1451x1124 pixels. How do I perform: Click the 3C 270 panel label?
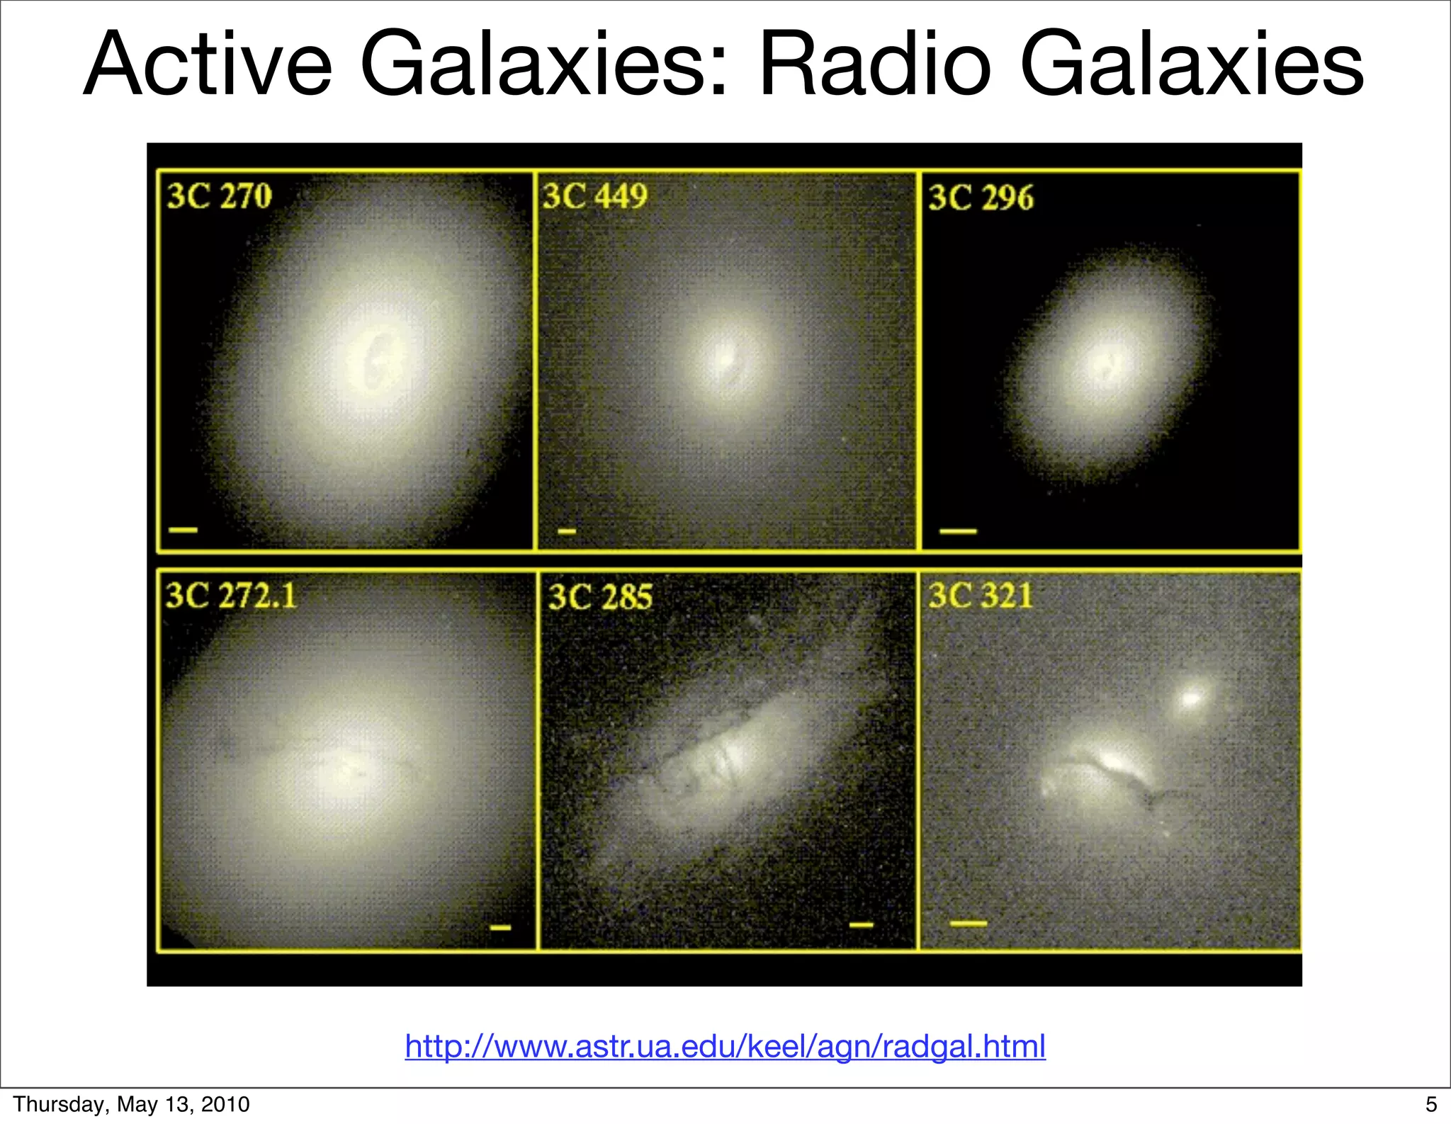click(x=219, y=196)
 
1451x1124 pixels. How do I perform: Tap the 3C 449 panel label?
click(x=595, y=196)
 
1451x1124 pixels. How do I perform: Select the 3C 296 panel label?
click(x=981, y=198)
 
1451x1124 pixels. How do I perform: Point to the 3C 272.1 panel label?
click(x=231, y=596)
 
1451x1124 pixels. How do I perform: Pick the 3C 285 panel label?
click(x=601, y=597)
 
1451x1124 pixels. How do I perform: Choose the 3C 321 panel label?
click(x=981, y=596)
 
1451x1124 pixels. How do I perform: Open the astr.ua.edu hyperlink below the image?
click(x=725, y=1046)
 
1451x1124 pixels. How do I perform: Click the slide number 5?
click(x=1431, y=1104)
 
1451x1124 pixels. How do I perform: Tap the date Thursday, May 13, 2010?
click(x=131, y=1104)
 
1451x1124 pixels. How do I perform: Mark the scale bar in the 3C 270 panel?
click(x=183, y=529)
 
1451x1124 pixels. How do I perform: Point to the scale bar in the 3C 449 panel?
click(x=567, y=531)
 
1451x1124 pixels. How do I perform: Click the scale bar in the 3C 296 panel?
click(x=958, y=530)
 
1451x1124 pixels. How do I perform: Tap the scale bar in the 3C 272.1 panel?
click(x=501, y=927)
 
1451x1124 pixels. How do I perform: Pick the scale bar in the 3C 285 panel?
click(x=862, y=924)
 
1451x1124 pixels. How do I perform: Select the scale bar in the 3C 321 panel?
click(x=968, y=924)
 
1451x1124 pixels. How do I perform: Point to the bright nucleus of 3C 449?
click(x=724, y=360)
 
